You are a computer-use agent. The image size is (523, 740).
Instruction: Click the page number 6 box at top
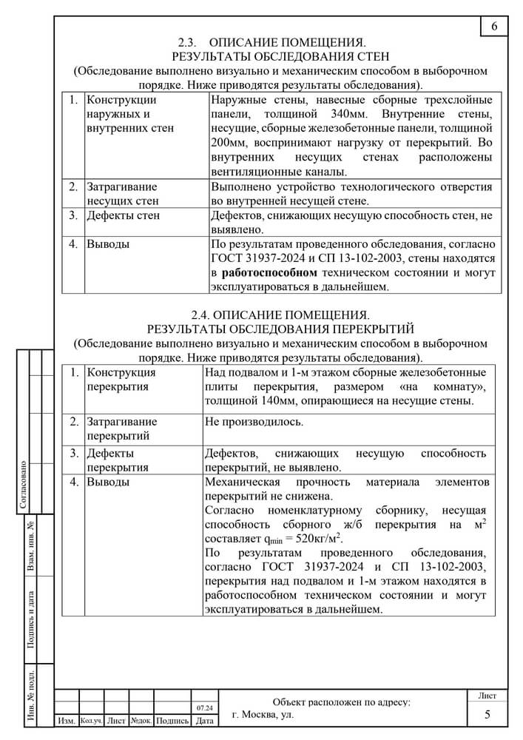pyautogui.click(x=494, y=27)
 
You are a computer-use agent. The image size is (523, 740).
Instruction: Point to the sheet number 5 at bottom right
pyautogui.click(x=487, y=715)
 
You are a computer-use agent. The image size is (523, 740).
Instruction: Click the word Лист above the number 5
pyautogui.click(x=487, y=696)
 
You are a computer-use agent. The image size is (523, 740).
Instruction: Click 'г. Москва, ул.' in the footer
pyautogui.click(x=263, y=716)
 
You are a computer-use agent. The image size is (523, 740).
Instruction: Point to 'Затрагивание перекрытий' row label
pyautogui.click(x=122, y=428)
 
